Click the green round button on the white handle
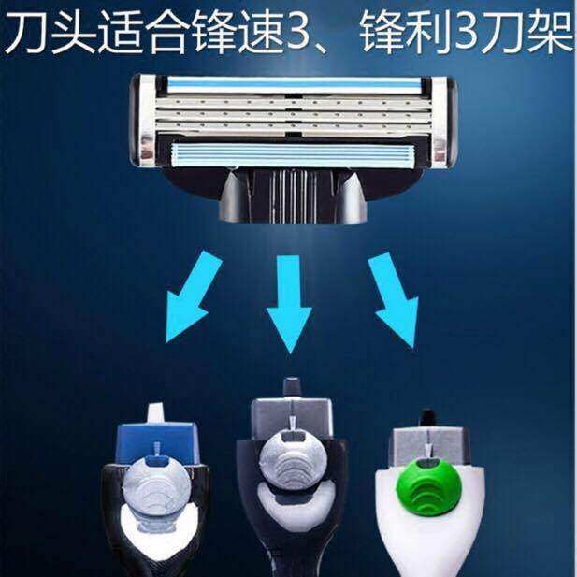pyautogui.click(x=428, y=485)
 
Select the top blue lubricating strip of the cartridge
pyautogui.click(x=294, y=85)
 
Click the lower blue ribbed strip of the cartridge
pyautogui.click(x=294, y=155)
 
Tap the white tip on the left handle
pyautogui.click(x=155, y=413)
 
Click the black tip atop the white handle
pyautogui.click(x=427, y=419)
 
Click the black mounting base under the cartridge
pyautogui.click(x=293, y=195)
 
